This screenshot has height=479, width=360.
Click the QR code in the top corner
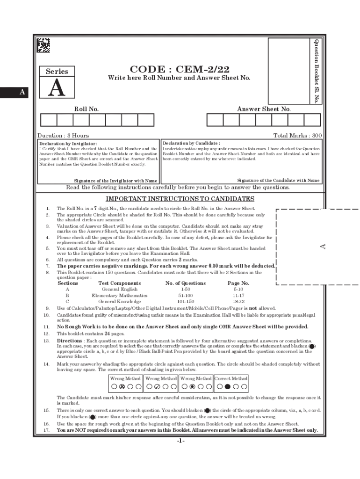(43, 45)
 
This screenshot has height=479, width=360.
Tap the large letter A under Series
(57, 87)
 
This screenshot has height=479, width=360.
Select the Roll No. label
(86, 109)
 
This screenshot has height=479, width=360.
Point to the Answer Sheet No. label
(264, 109)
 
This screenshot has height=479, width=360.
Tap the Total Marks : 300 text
(297, 136)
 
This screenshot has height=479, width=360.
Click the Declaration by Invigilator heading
(68, 144)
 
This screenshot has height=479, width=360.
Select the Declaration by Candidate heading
(191, 143)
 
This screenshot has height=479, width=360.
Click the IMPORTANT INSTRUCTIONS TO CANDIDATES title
(180, 199)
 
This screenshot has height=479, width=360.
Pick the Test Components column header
(119, 283)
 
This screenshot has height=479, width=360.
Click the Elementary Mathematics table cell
(119, 296)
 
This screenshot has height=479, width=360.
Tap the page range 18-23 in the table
(238, 302)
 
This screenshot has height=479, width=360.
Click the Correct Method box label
(231, 378)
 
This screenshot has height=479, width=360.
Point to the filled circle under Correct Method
(227, 387)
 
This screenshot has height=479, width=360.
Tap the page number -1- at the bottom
(181, 441)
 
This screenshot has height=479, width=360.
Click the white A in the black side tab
(22, 93)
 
